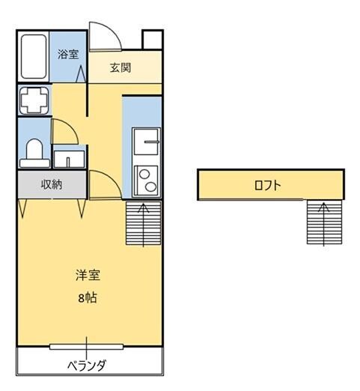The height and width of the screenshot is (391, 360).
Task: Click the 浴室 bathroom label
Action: click(69, 54)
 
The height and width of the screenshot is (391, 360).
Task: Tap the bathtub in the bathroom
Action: click(33, 57)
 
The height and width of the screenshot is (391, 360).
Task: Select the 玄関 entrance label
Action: click(120, 68)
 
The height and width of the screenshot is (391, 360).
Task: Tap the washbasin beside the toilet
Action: click(70, 159)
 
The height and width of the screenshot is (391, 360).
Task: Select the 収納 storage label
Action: click(52, 184)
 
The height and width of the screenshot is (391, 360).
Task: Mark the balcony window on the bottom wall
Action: click(88, 347)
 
